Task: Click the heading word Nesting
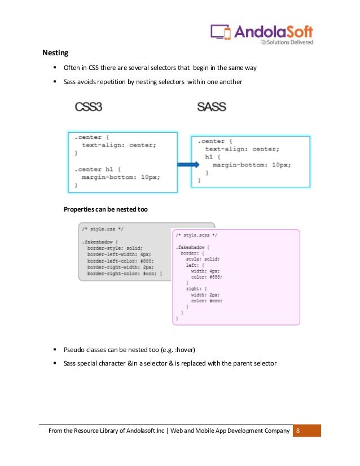pyautogui.click(x=55, y=54)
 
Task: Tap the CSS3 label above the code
pyautogui.click(x=89, y=107)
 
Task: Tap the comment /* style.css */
pyautogui.click(x=102, y=230)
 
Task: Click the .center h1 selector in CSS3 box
pyautogui.click(x=93, y=169)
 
